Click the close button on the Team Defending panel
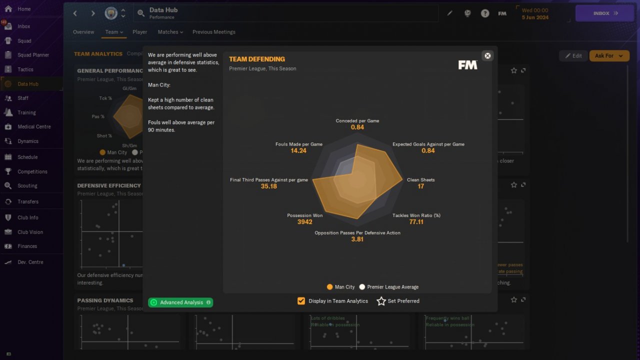pyautogui.click(x=487, y=55)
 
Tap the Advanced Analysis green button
pyautogui.click(x=180, y=302)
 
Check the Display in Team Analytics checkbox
pyautogui.click(x=301, y=301)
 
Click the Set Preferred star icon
pyautogui.click(x=381, y=301)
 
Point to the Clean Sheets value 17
pyautogui.click(x=421, y=186)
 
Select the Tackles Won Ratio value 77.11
pyautogui.click(x=416, y=222)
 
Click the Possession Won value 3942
pyautogui.click(x=304, y=222)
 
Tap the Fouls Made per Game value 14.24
pyautogui.click(x=298, y=150)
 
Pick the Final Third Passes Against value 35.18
pyautogui.click(x=268, y=186)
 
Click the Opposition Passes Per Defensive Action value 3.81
pyautogui.click(x=357, y=239)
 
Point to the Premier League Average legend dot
pyautogui.click(x=362, y=287)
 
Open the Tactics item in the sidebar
pyautogui.click(x=25, y=69)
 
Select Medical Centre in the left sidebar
pyautogui.click(x=34, y=127)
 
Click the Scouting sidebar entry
pyautogui.click(x=27, y=186)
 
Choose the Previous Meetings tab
pyautogui.click(x=213, y=32)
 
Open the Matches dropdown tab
pyautogui.click(x=170, y=32)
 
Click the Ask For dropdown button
pyautogui.click(x=608, y=56)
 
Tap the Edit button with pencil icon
pyautogui.click(x=573, y=56)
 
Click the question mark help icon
pyautogui.click(x=485, y=13)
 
